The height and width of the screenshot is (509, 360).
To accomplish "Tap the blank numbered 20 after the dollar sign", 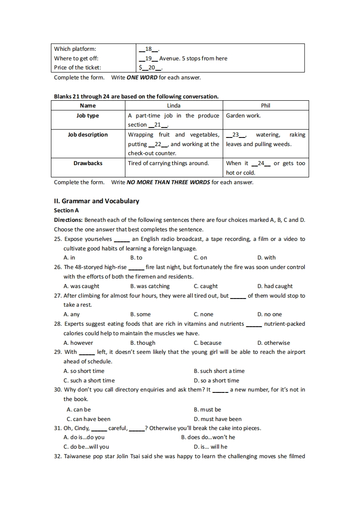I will (152, 68).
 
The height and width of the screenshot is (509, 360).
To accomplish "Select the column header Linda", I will (174, 106).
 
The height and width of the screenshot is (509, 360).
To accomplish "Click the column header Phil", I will (266, 106).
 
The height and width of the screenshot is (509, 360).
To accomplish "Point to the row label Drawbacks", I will (88, 163).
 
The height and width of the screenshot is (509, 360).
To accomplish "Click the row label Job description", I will (88, 135).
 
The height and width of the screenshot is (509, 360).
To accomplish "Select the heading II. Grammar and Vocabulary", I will (97, 201).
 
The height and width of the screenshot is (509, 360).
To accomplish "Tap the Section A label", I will (66, 210).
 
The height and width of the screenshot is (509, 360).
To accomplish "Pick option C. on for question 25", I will (200, 258).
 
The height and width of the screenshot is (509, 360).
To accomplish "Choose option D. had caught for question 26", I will (275, 286).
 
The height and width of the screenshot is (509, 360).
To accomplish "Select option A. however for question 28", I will (78, 343).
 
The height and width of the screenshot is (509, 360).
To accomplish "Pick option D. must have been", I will (217, 419).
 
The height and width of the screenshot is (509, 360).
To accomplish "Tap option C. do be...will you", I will (86, 447).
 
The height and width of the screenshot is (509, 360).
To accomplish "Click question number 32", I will (58, 456).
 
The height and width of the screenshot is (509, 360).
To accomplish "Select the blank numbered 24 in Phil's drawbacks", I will (261, 163).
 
